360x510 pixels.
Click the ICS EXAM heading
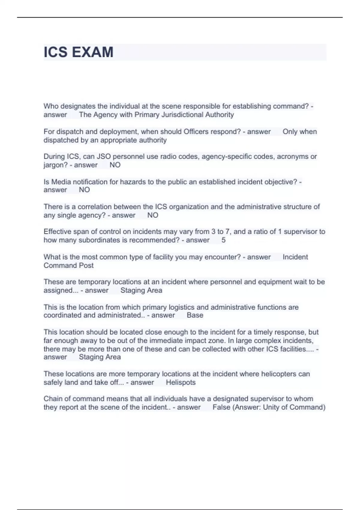pyautogui.click(x=78, y=52)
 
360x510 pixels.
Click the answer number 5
pyautogui.click(x=223, y=240)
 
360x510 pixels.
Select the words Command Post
pyautogui.click(x=68, y=265)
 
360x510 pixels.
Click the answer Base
pyautogui.click(x=195, y=315)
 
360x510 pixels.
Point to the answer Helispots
pyautogui.click(x=181, y=382)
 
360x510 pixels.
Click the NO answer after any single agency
pyautogui.click(x=153, y=215)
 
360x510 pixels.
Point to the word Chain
pyautogui.click(x=53, y=399)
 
